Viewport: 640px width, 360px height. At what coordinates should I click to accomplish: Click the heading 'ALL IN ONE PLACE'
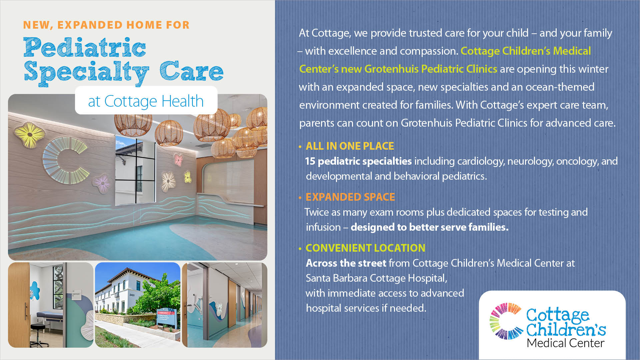point(350,146)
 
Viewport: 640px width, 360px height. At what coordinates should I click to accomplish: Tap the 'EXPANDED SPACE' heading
point(350,197)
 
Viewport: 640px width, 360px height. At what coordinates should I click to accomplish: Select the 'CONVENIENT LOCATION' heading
point(365,248)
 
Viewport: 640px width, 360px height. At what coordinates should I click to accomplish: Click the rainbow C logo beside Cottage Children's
point(506,321)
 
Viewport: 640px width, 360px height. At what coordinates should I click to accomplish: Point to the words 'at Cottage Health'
point(146,101)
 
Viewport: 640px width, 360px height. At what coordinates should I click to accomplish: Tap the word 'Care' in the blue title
point(191,71)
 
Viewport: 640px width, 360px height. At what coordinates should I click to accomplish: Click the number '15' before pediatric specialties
point(310,161)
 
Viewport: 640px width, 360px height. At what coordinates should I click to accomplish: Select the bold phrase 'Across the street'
point(346,263)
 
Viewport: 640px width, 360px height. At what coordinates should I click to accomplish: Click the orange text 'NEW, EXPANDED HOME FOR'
point(106,25)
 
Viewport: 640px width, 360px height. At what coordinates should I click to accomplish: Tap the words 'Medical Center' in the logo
point(565,343)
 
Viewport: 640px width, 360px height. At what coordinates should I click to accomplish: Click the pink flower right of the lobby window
point(178,160)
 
